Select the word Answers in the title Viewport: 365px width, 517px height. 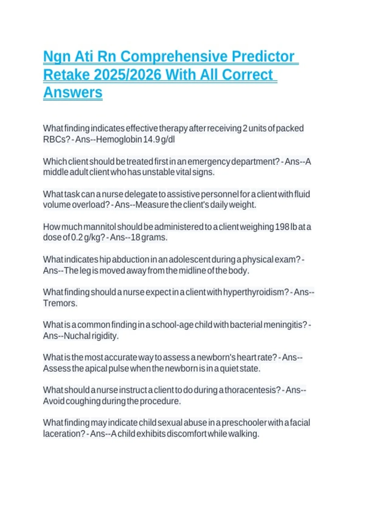73,92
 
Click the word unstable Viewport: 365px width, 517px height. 158,172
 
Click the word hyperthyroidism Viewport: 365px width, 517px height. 255,292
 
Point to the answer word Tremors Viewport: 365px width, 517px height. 60,303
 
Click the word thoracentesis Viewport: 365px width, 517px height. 252,390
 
